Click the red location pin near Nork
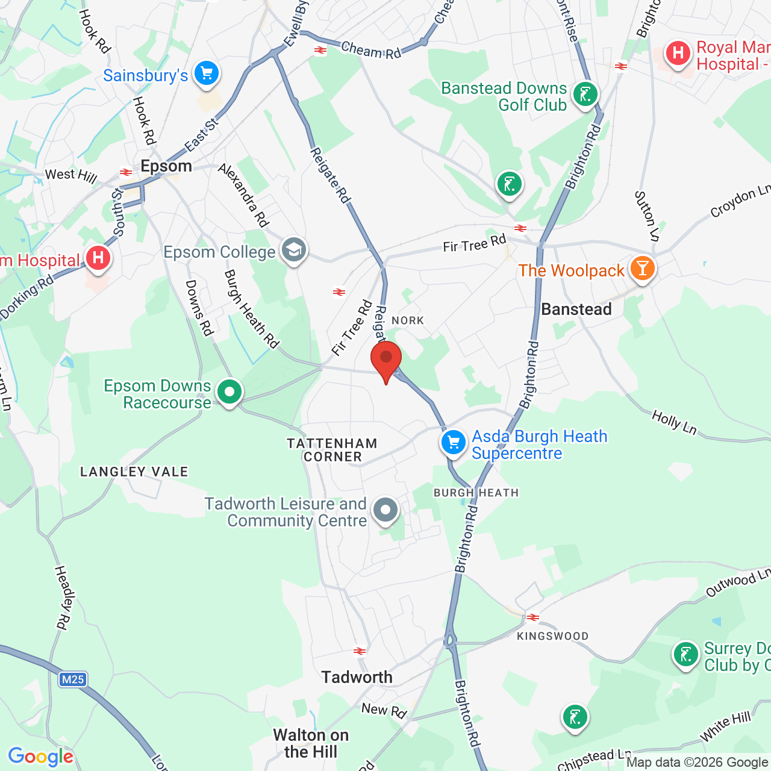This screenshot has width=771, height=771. pyautogui.click(x=386, y=360)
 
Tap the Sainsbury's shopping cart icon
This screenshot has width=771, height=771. pyautogui.click(x=207, y=73)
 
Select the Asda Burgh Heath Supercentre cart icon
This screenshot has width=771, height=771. pyautogui.click(x=453, y=443)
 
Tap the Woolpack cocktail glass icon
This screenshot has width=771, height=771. pyautogui.click(x=643, y=269)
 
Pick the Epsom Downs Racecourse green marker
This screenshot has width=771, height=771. pyautogui.click(x=229, y=392)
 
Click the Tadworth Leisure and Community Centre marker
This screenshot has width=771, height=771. pyautogui.click(x=385, y=510)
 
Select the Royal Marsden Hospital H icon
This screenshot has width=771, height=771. pyautogui.click(x=678, y=54)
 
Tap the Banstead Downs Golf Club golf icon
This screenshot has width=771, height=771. pyautogui.click(x=585, y=95)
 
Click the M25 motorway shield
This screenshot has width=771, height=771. pyautogui.click(x=73, y=679)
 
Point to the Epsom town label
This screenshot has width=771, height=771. pyautogui.click(x=166, y=166)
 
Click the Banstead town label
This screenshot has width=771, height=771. pyautogui.click(x=576, y=310)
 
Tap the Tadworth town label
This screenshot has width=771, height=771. pyautogui.click(x=357, y=678)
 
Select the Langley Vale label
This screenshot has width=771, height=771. pyautogui.click(x=134, y=472)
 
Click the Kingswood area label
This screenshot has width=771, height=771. pyautogui.click(x=552, y=636)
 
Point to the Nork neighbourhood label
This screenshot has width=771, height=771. pyautogui.click(x=408, y=320)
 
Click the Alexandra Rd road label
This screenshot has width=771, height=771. pyautogui.click(x=243, y=196)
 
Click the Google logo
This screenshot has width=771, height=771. pyautogui.click(x=41, y=757)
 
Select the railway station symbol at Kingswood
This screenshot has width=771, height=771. pyautogui.click(x=533, y=617)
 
